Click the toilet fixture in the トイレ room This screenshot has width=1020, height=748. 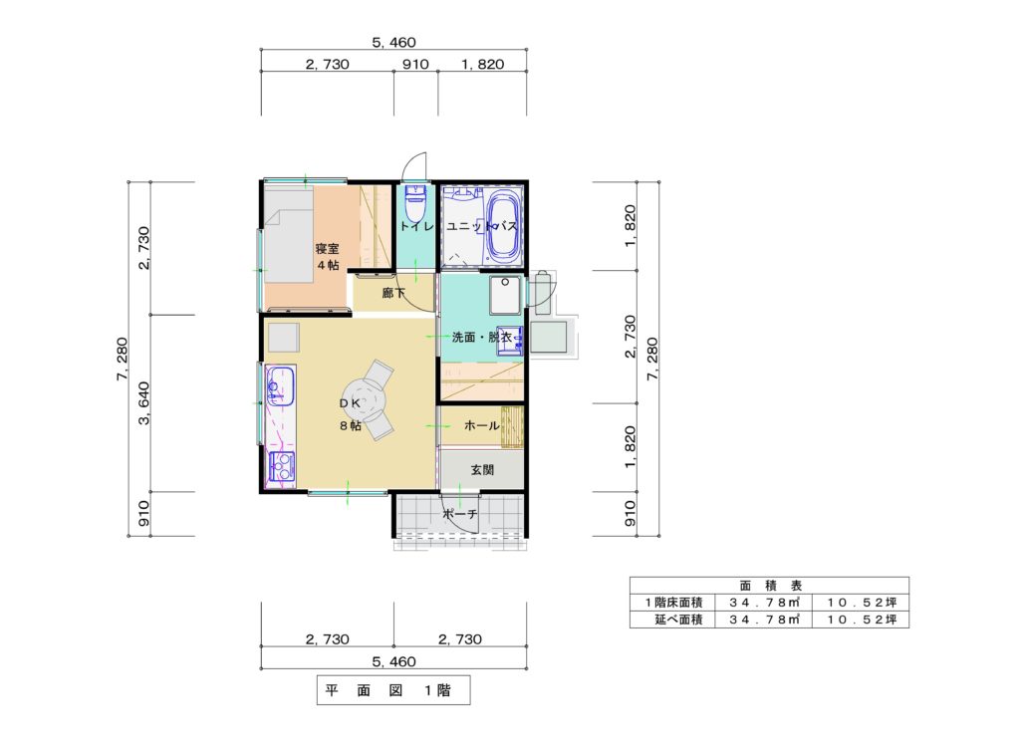pos(415,203)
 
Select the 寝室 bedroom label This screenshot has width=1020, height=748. pos(327,248)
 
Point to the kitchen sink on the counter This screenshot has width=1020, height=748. pos(280,385)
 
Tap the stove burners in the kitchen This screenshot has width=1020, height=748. pos(281,466)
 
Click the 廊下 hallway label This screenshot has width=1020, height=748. pos(393,294)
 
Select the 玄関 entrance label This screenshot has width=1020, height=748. pos(482,469)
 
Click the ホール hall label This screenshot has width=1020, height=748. pos(481,426)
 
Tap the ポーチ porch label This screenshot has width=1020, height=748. pos(460,514)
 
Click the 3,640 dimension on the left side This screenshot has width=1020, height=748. pos(143,402)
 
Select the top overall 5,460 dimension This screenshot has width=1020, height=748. pos(393,42)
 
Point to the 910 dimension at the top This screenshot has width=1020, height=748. pos(415,64)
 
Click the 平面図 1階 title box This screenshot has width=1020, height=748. pos(392,690)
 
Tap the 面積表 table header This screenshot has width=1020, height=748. pos(770,586)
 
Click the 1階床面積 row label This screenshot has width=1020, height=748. pos(673,603)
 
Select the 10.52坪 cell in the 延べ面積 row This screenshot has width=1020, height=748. pos(862,620)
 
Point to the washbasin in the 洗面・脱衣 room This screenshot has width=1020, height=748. pos(509,341)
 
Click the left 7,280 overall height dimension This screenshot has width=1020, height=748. pos(122,359)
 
